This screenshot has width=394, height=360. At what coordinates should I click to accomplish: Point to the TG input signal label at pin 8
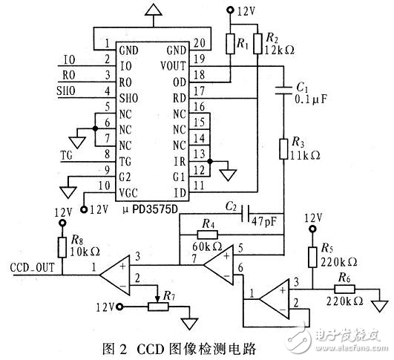67,154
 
